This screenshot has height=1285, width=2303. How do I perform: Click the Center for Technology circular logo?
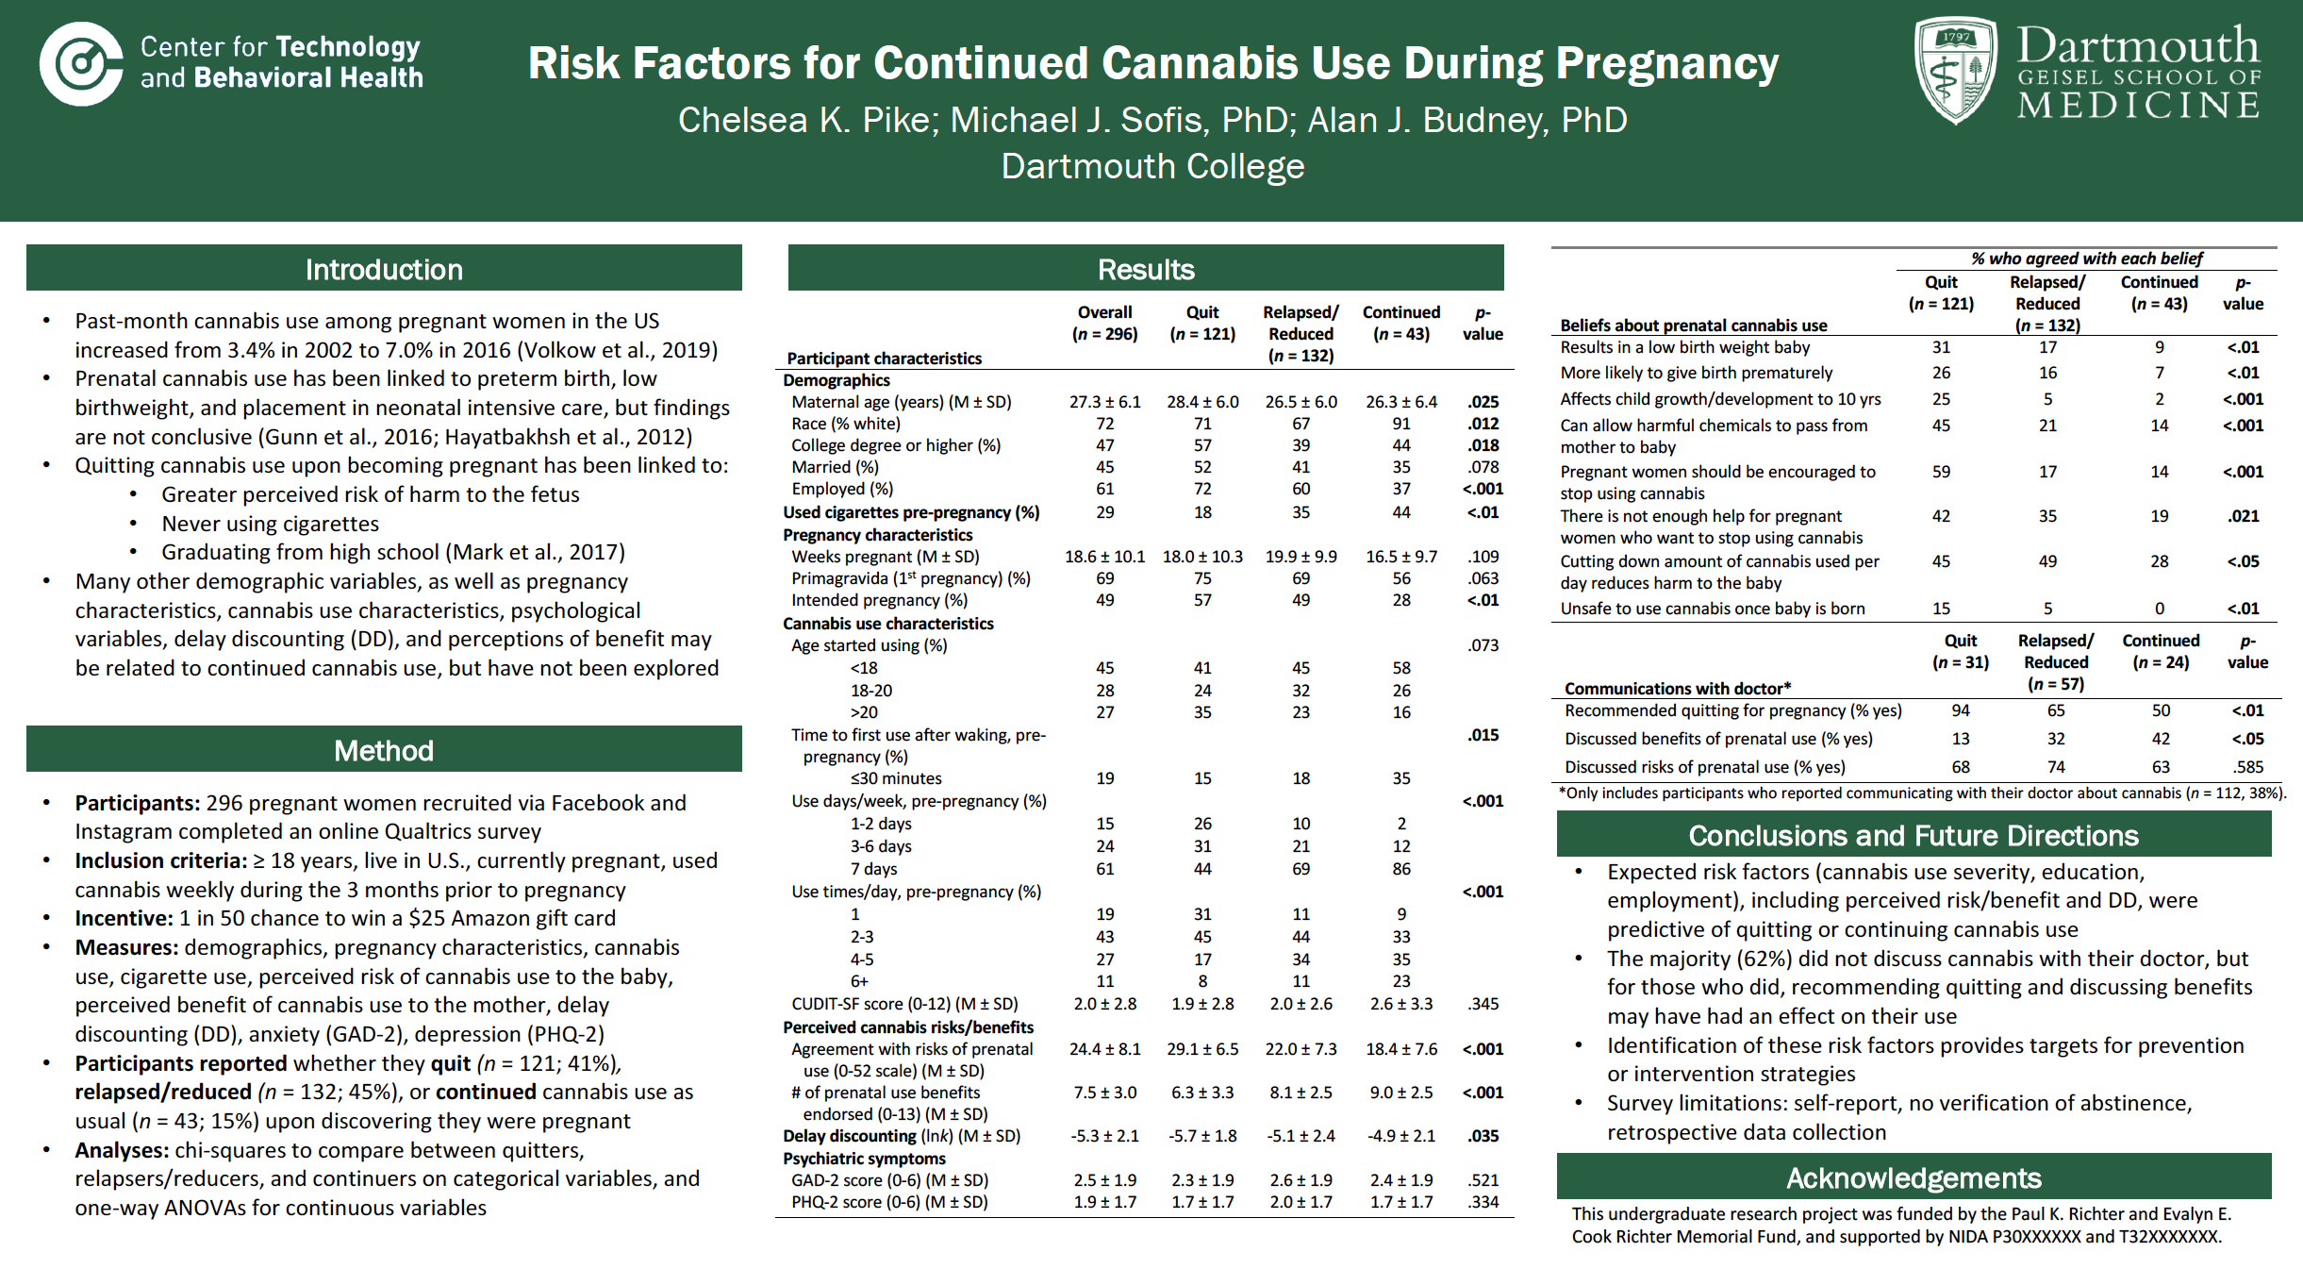81,64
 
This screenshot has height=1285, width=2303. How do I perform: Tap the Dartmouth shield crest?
1955,71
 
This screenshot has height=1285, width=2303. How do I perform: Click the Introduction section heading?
384,270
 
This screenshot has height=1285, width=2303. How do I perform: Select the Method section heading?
384,751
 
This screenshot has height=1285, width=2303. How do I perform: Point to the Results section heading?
1146,270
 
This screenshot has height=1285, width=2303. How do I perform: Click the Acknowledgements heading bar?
1914,1178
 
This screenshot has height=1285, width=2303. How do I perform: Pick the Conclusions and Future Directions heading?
1914,836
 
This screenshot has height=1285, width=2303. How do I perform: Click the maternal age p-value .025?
1483,402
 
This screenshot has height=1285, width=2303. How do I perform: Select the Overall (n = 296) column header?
1104,323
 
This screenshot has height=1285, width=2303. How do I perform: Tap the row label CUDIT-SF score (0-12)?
903,1004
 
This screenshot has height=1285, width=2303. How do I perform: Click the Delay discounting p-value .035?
1483,1136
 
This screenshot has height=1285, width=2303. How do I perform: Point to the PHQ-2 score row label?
888,1202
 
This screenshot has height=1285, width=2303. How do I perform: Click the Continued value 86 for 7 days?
1401,869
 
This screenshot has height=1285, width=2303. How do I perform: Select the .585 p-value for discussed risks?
2247,767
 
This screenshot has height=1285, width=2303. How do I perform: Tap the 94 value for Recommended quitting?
1961,710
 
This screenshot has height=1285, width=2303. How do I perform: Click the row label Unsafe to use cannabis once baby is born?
1712,609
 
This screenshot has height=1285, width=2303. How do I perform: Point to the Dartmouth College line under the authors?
1151,166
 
